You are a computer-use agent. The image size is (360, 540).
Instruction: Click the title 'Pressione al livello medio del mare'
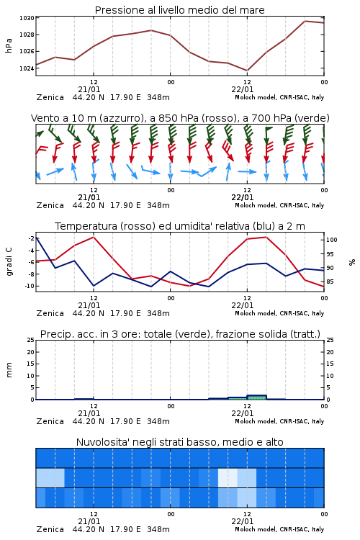179,10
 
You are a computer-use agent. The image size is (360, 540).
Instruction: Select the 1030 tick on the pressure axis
27,18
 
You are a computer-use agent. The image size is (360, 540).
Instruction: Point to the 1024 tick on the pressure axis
27,68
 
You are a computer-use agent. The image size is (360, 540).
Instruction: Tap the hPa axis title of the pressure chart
9,45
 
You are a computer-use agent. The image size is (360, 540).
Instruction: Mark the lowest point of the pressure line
247,71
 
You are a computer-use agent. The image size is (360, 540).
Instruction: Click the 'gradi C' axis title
9,261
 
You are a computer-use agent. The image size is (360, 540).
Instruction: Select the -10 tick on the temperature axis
30,286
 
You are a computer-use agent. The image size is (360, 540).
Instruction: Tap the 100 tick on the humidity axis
332,240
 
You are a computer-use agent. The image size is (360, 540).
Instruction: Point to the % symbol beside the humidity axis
352,262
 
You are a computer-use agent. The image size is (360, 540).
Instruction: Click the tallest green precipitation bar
256,397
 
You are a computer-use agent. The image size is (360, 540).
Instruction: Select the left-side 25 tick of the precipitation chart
31,341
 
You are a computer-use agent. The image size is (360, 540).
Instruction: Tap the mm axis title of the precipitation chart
9,370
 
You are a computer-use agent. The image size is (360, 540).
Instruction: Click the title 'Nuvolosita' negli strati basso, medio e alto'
179,442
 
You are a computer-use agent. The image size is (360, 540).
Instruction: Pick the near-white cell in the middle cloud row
228,477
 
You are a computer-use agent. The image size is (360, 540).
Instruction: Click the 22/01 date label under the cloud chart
243,521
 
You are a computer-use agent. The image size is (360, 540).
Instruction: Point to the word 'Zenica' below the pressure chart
50,97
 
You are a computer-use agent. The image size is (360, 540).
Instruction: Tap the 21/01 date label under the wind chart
89,198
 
